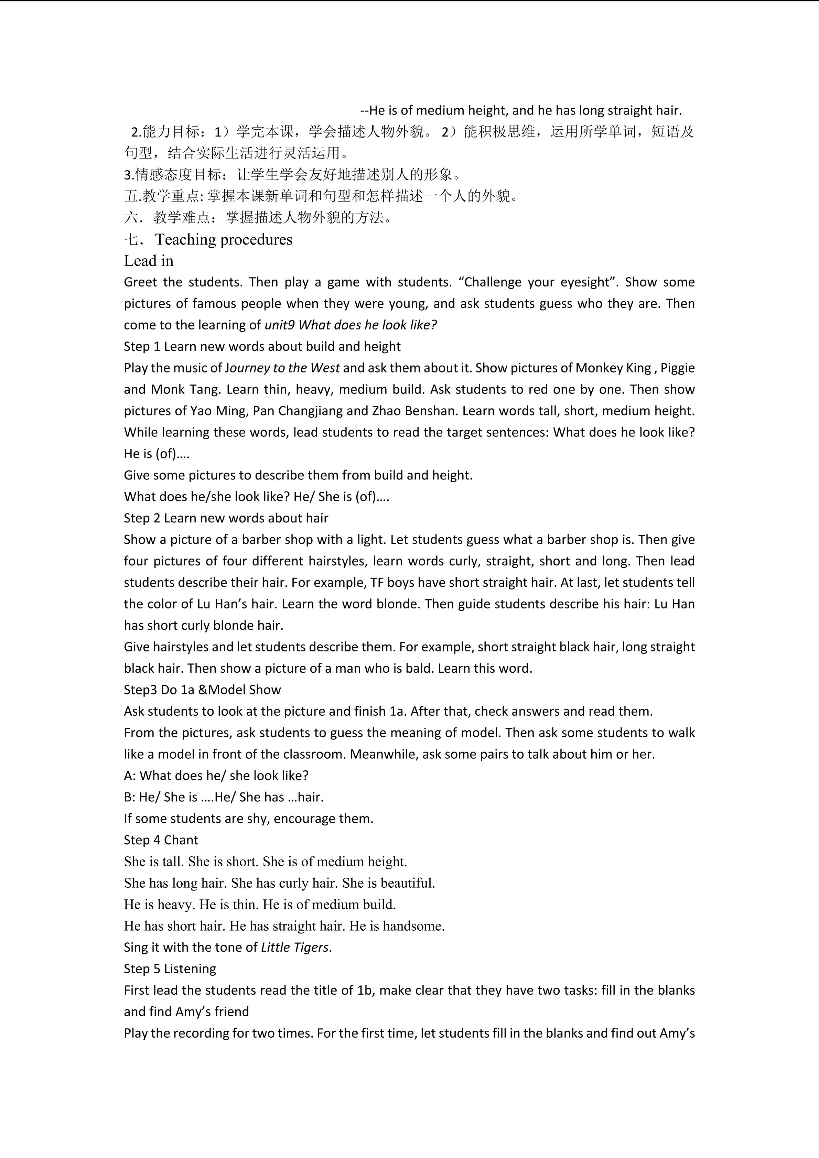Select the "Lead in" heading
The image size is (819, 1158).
(149, 261)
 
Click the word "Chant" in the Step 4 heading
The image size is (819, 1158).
(181, 840)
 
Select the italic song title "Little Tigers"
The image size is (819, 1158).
(294, 947)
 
